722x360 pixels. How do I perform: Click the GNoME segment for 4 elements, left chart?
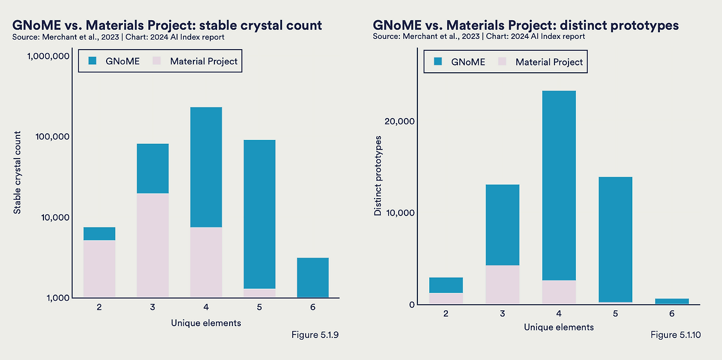pyautogui.click(x=206, y=167)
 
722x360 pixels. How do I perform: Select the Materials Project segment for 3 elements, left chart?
pyautogui.click(x=152, y=245)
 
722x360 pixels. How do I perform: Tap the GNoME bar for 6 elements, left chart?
pyautogui.click(x=312, y=277)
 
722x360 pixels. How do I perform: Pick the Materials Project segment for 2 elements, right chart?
pyautogui.click(x=446, y=298)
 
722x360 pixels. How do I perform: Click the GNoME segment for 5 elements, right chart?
pyautogui.click(x=615, y=239)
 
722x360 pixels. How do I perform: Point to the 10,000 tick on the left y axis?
pyautogui.click(x=52, y=217)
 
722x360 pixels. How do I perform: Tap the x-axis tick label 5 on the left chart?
pyautogui.click(x=259, y=308)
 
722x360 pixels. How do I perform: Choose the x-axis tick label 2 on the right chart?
pyautogui.click(x=446, y=314)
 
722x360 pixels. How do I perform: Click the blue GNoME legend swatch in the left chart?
pyautogui.click(x=93, y=61)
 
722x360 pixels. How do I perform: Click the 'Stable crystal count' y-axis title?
pyautogui.click(x=17, y=173)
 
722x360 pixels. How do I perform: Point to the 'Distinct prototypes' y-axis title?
pyautogui.click(x=378, y=175)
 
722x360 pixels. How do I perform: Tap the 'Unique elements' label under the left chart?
pyautogui.click(x=206, y=323)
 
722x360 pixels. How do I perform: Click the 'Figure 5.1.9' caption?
pyautogui.click(x=314, y=335)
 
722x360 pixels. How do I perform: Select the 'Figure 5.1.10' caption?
pyautogui.click(x=675, y=335)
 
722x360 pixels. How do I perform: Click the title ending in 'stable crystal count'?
pyautogui.click(x=167, y=25)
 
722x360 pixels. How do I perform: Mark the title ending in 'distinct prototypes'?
pyautogui.click(x=526, y=25)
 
